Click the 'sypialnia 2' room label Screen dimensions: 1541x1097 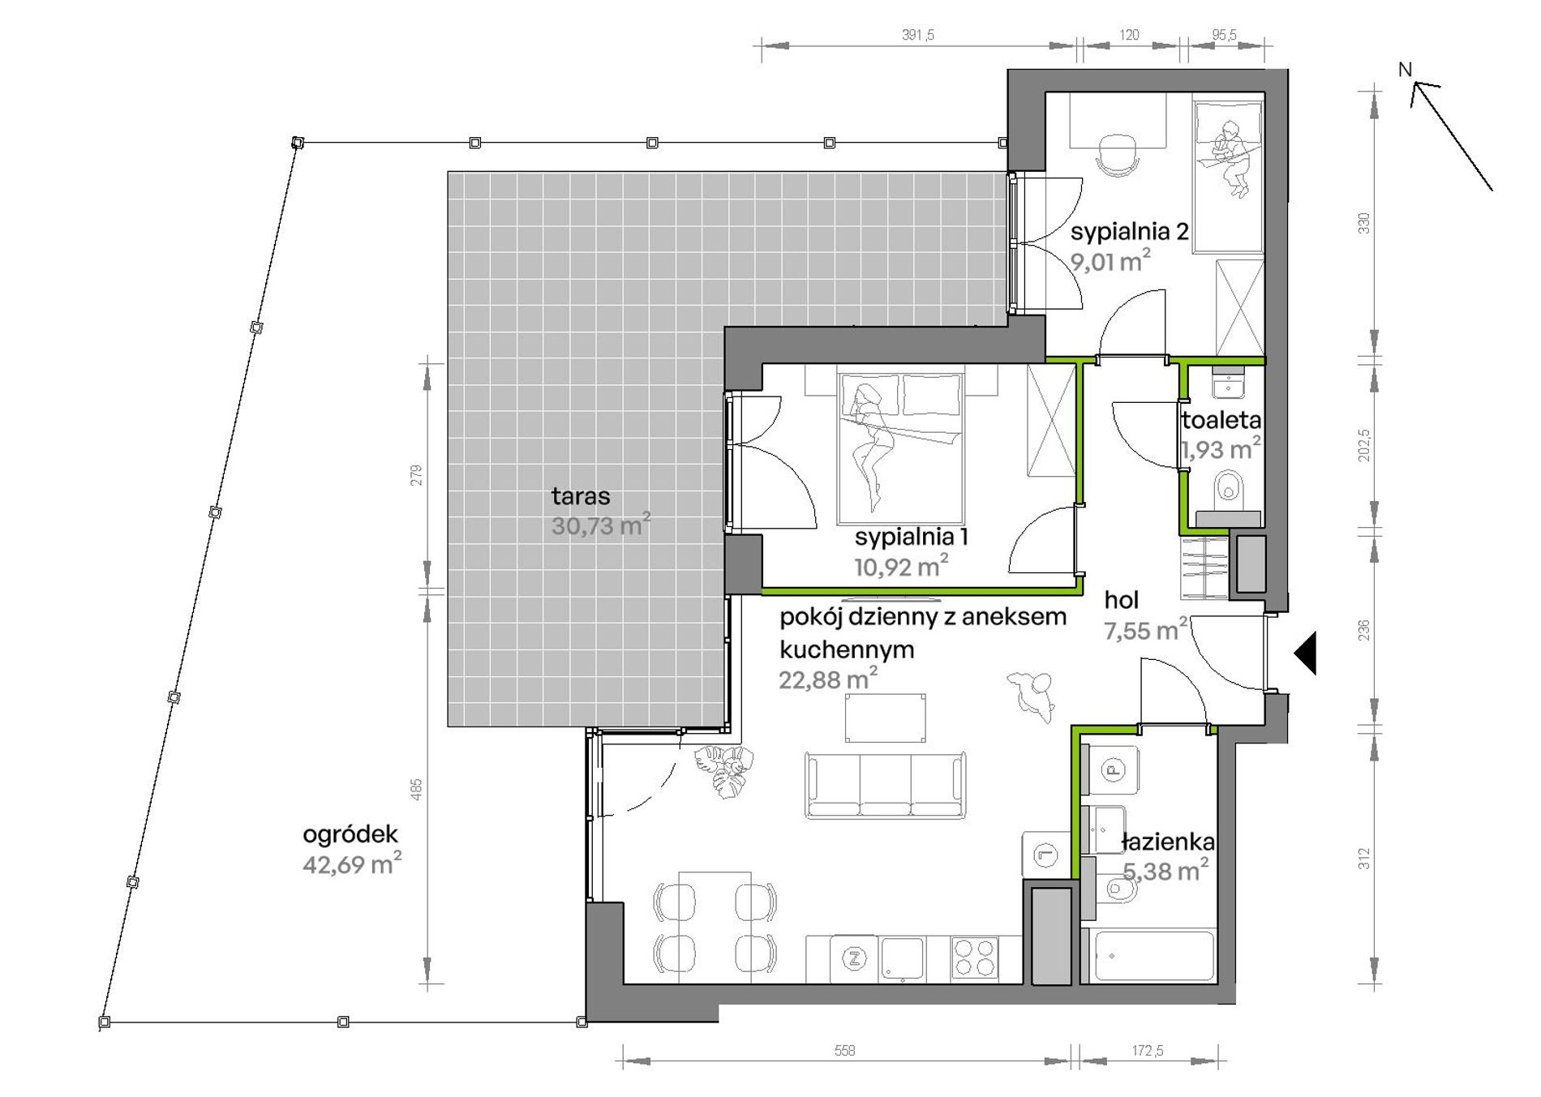tap(1129, 233)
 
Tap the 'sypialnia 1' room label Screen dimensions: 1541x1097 tap(911, 538)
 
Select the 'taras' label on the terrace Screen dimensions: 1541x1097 tap(581, 495)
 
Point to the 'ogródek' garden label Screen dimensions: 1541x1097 tap(350, 834)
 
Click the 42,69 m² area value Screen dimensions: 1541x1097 tap(352, 863)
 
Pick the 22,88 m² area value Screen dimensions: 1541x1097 tap(828, 679)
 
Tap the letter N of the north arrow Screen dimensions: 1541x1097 tap(1406, 70)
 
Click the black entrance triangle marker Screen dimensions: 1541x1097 tap(1305, 652)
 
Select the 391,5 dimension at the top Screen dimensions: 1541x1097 tap(918, 35)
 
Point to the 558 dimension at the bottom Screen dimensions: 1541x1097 tap(844, 1051)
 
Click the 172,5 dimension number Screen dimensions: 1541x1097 tap(1148, 1051)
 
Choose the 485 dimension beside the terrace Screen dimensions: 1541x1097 tap(416, 789)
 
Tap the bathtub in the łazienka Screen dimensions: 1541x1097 tap(1153, 957)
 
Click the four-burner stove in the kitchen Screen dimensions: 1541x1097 tap(975, 957)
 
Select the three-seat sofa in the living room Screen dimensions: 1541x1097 tap(886, 784)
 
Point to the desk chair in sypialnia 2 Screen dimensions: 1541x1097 tap(1117, 154)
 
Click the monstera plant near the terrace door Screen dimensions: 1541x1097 tap(723, 771)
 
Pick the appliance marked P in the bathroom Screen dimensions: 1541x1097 tap(1114, 769)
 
